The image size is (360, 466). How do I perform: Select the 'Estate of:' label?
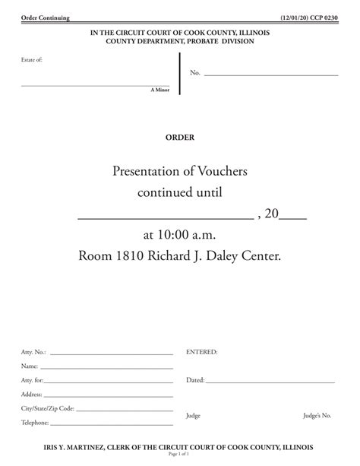(32, 59)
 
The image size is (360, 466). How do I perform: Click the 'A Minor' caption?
(160, 90)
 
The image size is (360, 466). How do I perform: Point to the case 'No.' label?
(195, 73)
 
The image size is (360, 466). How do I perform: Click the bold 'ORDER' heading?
(180, 138)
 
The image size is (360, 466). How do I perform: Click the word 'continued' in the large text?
(169, 193)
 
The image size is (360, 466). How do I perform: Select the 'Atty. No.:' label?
(34, 352)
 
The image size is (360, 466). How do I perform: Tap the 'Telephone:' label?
(35, 423)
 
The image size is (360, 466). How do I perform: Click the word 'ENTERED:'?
(202, 352)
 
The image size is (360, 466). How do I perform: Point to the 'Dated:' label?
(195, 379)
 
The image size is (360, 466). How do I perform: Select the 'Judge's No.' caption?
(317, 415)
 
